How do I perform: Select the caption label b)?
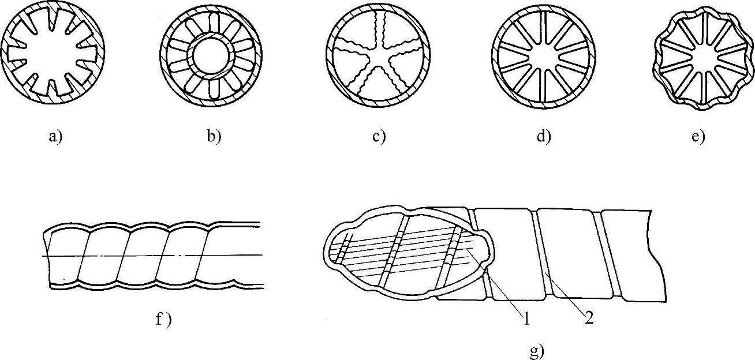pos(213,138)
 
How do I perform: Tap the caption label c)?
pos(378,138)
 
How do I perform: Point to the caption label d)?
pos(543,138)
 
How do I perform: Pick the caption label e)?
pos(698,138)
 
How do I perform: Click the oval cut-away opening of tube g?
pos(404,251)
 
